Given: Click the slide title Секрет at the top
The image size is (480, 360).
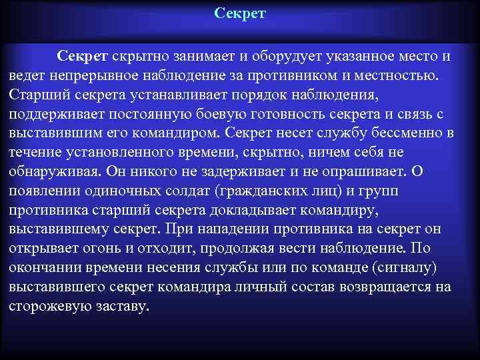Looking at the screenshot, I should point(240,13).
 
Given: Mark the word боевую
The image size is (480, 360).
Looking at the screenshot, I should point(227,113).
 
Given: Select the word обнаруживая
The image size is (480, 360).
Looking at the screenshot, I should point(54,171).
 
